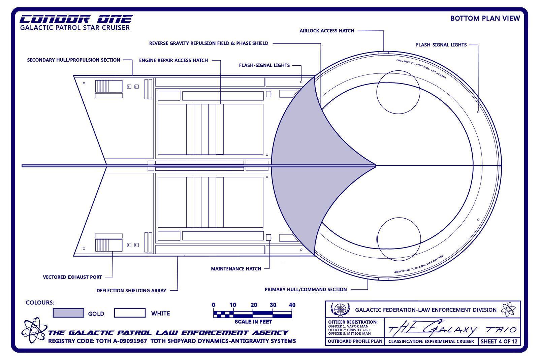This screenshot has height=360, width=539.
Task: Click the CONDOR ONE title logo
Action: pos(76,19)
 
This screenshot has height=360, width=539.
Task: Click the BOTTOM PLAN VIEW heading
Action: pos(485,19)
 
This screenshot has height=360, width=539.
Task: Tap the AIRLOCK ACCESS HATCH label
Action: pos(326,31)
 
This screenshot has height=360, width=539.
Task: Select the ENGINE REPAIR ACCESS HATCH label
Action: pos(173,60)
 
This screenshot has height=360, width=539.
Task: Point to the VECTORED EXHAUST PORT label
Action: pos(72,277)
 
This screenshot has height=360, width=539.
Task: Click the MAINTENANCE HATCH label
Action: pos(236,269)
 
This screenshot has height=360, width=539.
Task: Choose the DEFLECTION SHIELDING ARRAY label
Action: pos(131,291)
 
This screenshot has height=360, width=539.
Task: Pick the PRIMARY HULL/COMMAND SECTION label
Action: pos(305,289)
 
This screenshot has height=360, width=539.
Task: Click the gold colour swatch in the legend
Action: pos(68,313)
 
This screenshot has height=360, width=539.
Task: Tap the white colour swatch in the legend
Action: pos(130,313)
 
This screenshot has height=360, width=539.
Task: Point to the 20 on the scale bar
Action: pos(253,305)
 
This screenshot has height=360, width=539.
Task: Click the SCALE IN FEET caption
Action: pos(253,322)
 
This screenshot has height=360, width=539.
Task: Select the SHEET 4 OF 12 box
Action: pos(499,341)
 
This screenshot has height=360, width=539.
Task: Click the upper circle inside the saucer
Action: pos(398,92)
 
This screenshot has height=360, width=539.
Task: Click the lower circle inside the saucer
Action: pos(399,239)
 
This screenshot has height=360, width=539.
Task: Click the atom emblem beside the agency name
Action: pos(34,330)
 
